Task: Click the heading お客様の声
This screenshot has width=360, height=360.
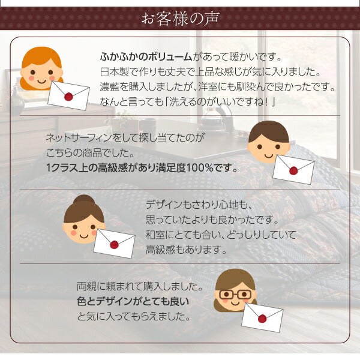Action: [x=179, y=18]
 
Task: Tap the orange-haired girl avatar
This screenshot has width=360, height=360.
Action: [x=41, y=67]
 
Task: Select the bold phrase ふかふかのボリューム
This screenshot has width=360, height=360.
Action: [x=146, y=57]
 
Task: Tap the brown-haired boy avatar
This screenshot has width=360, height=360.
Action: [x=268, y=142]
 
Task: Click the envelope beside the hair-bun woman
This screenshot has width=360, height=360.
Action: [x=114, y=243]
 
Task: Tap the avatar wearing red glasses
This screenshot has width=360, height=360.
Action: [x=235, y=290]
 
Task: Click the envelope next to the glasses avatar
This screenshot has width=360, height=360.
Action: [x=262, y=317]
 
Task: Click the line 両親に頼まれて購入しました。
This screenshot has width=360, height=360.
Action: [x=137, y=286]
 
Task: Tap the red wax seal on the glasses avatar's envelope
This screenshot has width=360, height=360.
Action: [x=262, y=319]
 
